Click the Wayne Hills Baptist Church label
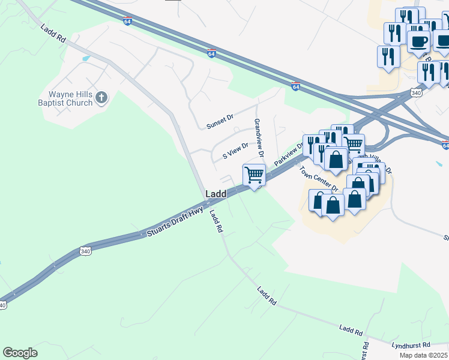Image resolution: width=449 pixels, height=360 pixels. coord(70,98)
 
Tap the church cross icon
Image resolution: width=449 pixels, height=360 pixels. coord(101,97)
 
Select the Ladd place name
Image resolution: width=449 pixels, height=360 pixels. coord(215,194)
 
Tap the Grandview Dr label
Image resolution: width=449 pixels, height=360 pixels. coord(258,137)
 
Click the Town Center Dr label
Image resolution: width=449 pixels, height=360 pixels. coord(319,179)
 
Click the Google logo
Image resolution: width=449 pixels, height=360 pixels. coord(20,353)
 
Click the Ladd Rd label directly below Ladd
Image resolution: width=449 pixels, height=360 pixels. coord(216,221)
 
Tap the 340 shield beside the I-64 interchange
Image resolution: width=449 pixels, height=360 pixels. coord(416,92)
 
